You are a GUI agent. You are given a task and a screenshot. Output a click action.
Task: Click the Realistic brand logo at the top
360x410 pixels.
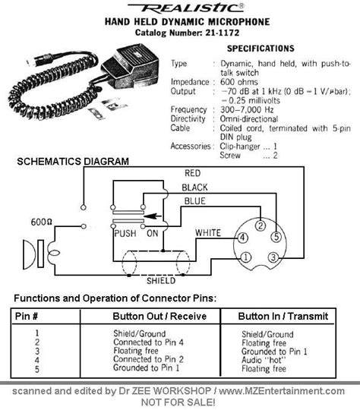[x=186, y=8]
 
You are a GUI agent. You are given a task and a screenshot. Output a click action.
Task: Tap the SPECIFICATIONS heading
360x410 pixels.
[x=261, y=49]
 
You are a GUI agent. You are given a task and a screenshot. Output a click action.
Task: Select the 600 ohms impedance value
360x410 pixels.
[x=239, y=82]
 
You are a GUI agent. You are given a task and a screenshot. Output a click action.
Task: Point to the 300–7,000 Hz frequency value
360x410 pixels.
[x=247, y=109]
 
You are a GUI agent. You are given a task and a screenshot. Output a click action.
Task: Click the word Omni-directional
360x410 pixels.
[x=248, y=119]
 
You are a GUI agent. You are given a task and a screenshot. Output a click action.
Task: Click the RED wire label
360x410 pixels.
[x=193, y=173]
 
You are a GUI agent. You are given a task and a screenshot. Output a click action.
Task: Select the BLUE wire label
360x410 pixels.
[x=195, y=201]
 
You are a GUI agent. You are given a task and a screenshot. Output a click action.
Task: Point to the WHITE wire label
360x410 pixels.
[x=208, y=233]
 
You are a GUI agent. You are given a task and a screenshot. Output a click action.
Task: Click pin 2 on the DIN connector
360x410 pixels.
[x=261, y=225]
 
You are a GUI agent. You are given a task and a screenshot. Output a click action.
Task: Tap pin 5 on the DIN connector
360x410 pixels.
[x=276, y=237]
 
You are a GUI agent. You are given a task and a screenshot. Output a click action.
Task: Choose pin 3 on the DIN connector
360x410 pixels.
[x=273, y=257]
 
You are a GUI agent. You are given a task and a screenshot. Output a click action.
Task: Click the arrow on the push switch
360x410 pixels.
[x=153, y=216]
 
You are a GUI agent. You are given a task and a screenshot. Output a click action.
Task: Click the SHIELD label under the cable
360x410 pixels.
[x=161, y=281]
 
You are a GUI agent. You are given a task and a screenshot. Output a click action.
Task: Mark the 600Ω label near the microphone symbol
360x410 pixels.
[x=41, y=222]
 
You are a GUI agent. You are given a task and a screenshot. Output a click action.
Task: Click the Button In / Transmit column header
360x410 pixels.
[x=283, y=316]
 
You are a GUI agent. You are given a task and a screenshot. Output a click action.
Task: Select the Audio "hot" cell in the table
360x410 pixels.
[x=264, y=360]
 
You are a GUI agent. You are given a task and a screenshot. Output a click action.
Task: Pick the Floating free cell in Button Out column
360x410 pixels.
[x=136, y=351]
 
